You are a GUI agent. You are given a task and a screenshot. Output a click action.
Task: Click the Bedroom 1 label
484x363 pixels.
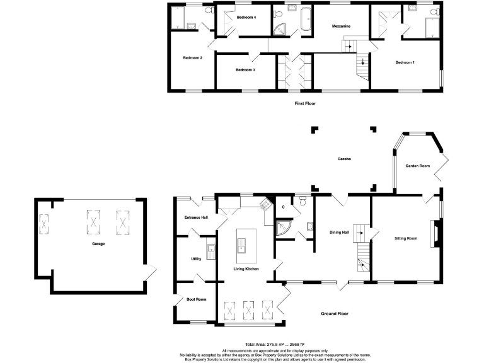pos(405,62)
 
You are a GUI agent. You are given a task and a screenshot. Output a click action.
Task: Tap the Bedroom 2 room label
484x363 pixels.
pos(192,58)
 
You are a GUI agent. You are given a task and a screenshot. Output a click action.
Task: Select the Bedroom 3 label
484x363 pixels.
pos(245,70)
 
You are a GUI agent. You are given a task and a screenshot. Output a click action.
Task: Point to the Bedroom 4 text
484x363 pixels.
pos(246,18)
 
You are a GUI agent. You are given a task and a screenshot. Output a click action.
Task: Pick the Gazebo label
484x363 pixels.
pos(344,159)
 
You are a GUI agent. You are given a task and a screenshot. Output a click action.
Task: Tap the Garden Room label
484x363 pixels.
pos(417,166)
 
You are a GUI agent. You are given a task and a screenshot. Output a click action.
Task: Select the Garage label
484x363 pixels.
pos(98,243)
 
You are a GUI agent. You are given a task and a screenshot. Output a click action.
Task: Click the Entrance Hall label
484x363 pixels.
pos(196,217)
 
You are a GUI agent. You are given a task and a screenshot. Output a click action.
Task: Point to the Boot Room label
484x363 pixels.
pos(197,299)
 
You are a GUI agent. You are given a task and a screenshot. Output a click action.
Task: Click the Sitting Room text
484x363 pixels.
pos(406,239)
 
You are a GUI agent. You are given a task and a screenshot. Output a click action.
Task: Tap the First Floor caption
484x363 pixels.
pos(305,103)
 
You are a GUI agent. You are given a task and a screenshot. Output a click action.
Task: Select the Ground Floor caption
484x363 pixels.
pos(335,313)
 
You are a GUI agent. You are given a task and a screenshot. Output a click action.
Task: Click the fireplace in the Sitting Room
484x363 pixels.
pos(434,234)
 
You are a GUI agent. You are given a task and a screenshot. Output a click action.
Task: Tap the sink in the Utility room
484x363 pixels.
pos(211,248)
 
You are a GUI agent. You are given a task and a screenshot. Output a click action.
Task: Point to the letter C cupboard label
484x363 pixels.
pos(284,206)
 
